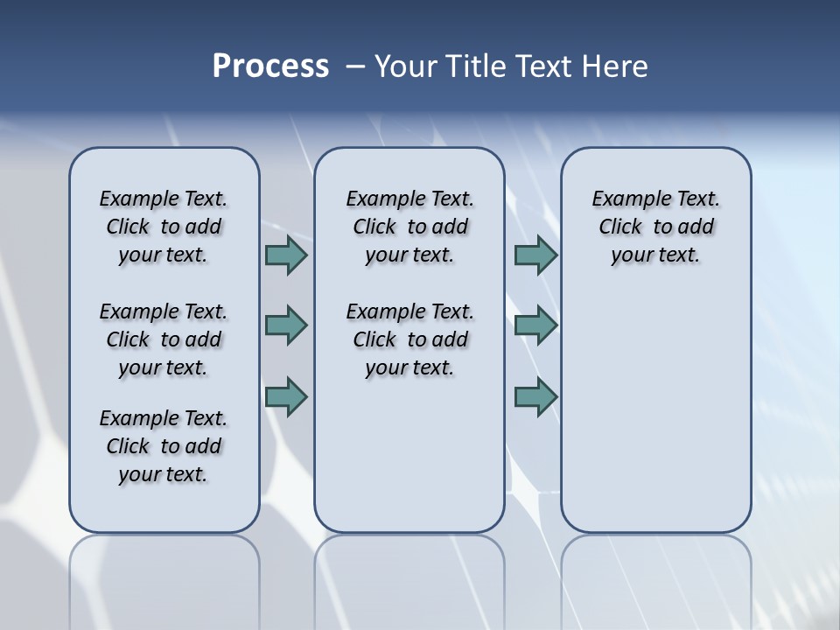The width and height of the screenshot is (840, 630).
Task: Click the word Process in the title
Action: point(270,66)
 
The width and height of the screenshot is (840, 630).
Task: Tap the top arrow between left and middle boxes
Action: point(286,255)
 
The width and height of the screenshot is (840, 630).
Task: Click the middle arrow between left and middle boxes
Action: point(286,325)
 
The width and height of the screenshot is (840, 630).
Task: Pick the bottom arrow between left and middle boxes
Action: point(286,396)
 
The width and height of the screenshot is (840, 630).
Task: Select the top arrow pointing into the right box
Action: point(535,255)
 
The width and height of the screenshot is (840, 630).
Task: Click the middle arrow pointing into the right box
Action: point(535,325)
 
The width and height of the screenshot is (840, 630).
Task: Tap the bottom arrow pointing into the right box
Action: point(535,396)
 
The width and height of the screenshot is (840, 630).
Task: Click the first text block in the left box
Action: point(164,227)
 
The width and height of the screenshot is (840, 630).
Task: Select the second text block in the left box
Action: point(164,339)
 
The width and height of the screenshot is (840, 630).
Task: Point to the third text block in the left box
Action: point(164,446)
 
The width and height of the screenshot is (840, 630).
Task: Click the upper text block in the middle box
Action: point(409,227)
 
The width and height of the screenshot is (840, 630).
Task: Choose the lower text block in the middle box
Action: point(409,339)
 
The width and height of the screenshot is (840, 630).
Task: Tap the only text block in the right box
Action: point(655,227)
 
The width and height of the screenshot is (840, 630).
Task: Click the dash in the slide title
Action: point(355,66)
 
